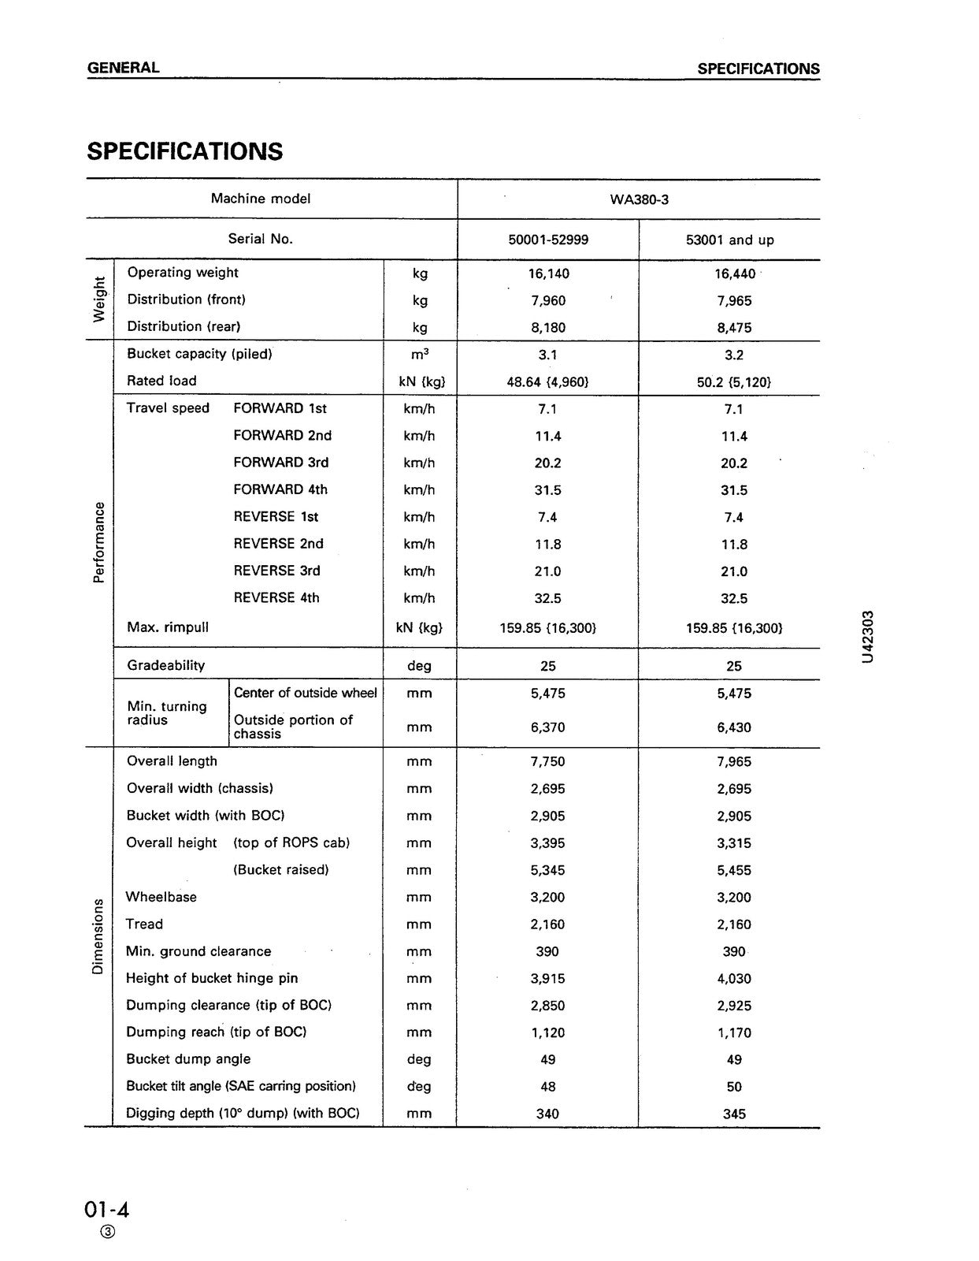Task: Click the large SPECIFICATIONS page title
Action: tap(185, 151)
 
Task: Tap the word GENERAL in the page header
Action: tap(124, 68)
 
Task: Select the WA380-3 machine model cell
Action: tap(639, 199)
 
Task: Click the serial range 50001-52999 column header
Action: tap(548, 240)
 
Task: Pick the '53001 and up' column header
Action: tap(729, 240)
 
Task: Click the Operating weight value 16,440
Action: tap(734, 273)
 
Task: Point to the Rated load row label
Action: tap(161, 381)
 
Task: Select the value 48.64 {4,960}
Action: tap(548, 382)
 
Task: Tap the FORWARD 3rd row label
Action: tap(280, 463)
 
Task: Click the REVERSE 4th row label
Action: tap(276, 598)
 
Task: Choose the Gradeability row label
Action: tap(166, 665)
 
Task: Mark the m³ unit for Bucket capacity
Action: tap(420, 355)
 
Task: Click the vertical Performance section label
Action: tap(98, 542)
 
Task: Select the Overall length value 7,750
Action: tap(548, 762)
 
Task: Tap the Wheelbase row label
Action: tap(161, 897)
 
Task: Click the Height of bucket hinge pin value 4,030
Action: tap(734, 979)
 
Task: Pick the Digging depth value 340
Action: tap(548, 1114)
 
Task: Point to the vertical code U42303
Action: tap(867, 636)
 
